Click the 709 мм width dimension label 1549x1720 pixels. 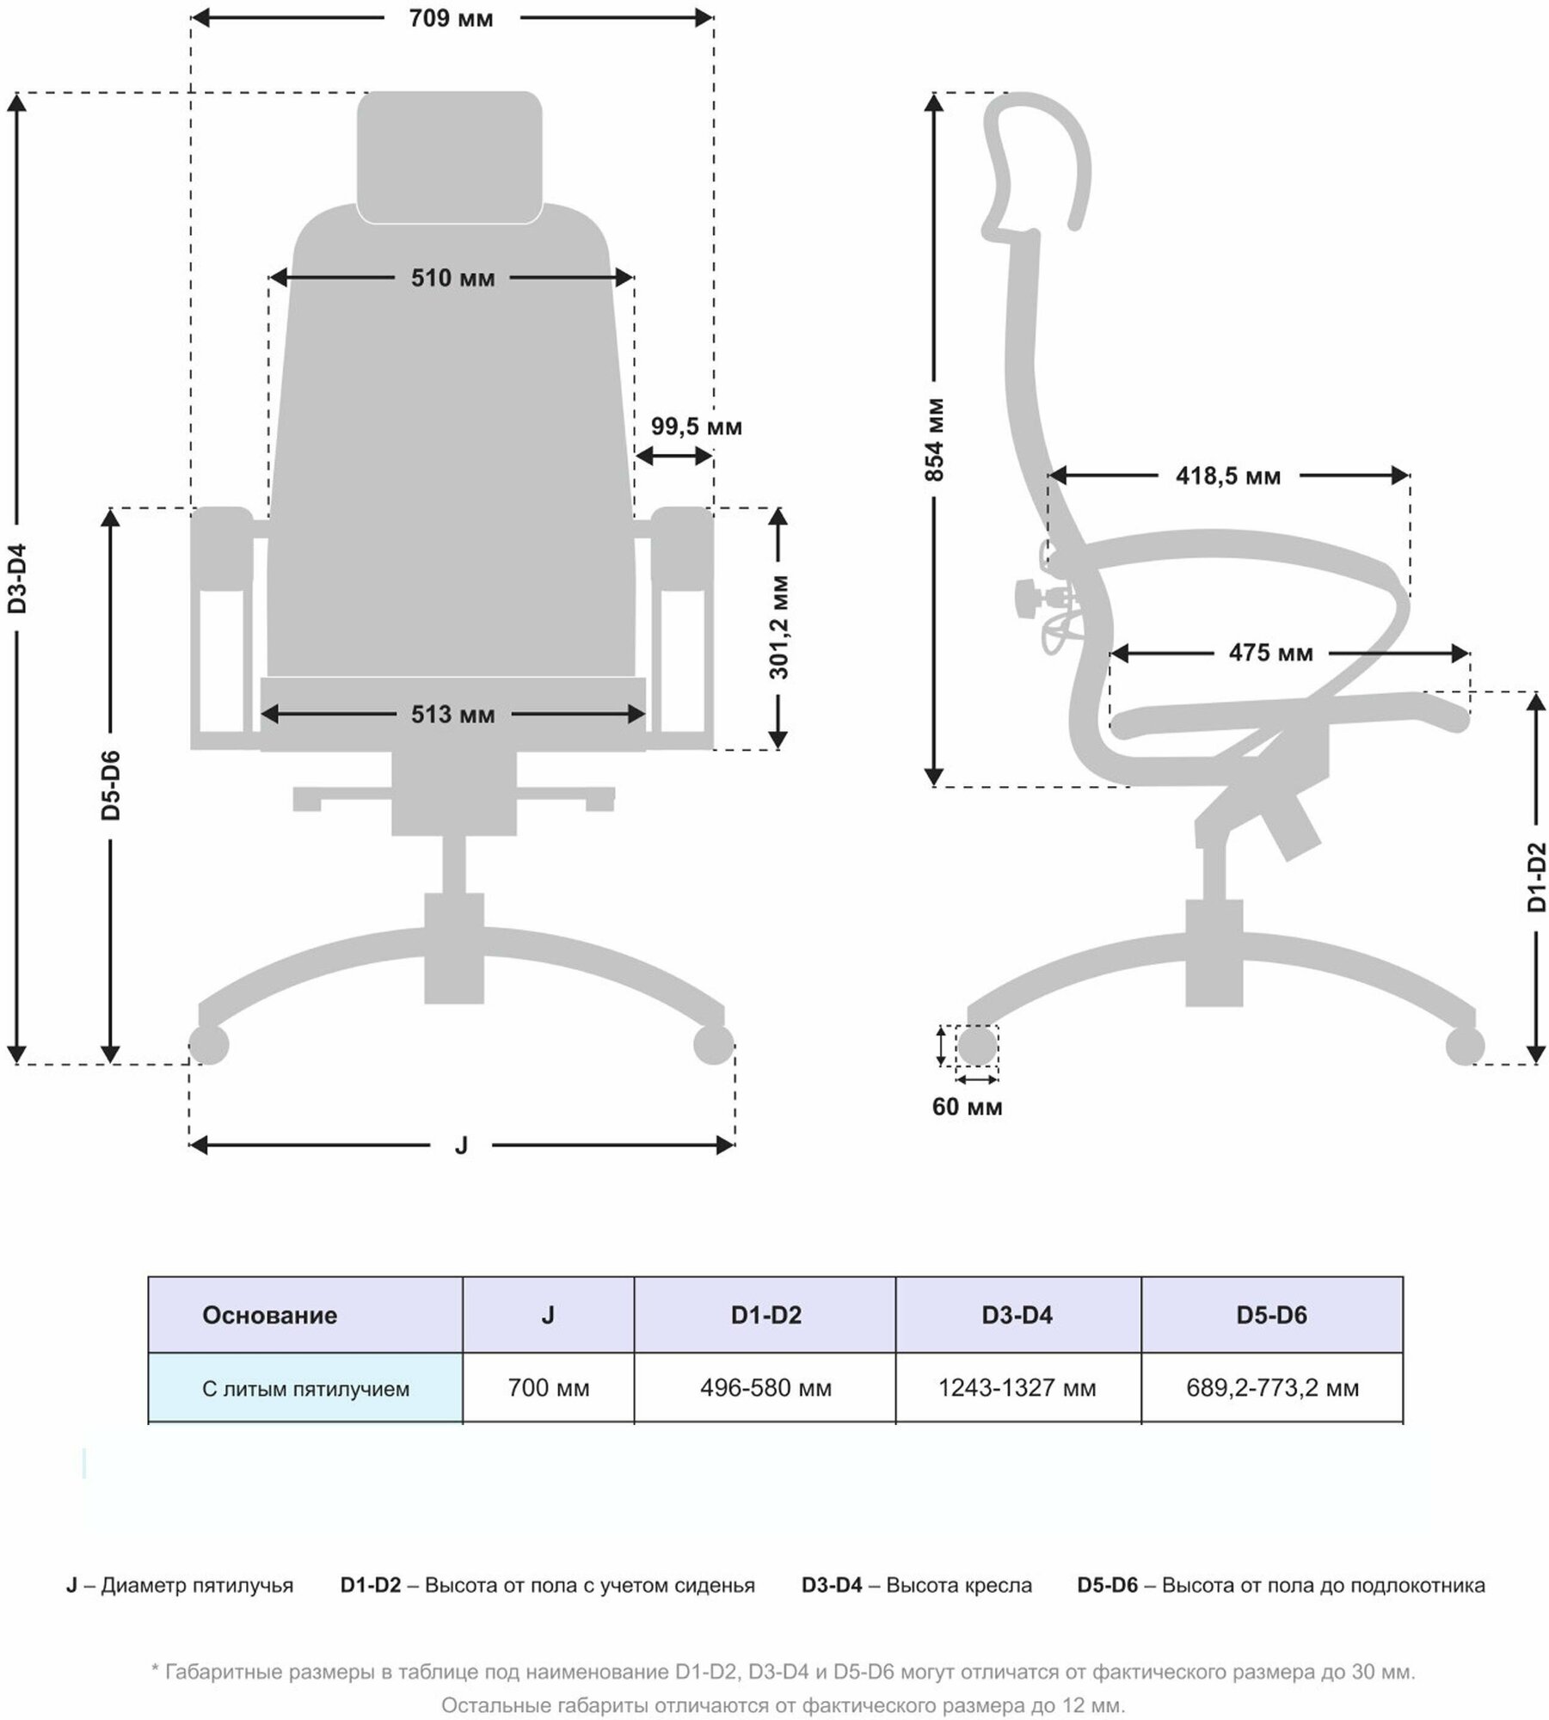pos(451,18)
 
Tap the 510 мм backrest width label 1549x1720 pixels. pos(452,278)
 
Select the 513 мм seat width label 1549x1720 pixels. pos(452,714)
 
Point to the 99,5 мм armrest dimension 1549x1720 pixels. pos(695,427)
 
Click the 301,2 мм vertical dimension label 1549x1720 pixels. pos(778,627)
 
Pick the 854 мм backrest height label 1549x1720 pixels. pos(936,439)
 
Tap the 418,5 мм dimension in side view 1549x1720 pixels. pos(1227,476)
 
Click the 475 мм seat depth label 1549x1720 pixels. pos(1270,653)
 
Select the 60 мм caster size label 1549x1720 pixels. pos(967,1107)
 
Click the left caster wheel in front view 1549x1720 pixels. pos(209,1045)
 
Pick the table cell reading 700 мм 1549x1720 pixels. pos(548,1388)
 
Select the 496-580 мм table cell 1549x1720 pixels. pos(765,1388)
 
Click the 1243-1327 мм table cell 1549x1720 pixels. pos(1017,1388)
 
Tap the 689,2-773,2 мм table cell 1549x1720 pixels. pos(1272,1388)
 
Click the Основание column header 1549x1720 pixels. pos(269,1315)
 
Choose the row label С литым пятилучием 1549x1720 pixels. pos(305,1388)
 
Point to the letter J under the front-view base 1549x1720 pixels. pos(461,1146)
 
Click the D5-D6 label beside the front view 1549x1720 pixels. pos(111,784)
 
